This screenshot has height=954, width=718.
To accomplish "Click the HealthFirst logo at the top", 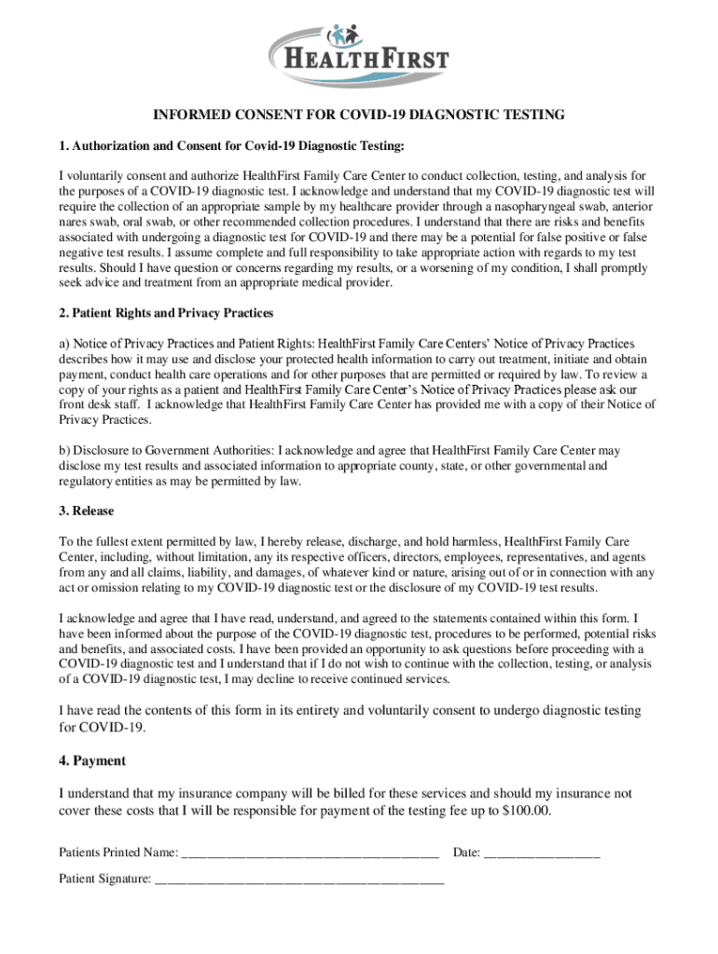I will pyautogui.click(x=359, y=55).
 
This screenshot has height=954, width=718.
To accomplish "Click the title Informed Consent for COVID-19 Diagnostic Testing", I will pyautogui.click(x=359, y=116).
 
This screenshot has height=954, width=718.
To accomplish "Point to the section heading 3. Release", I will pyautogui.click(x=87, y=511).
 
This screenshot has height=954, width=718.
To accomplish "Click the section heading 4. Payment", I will pyautogui.click(x=91, y=761).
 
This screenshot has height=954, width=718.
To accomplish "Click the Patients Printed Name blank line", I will pyautogui.click(x=311, y=852).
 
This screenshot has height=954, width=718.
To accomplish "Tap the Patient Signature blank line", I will pyautogui.click(x=299, y=879).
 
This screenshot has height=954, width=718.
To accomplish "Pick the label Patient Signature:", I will pyautogui.click(x=104, y=878).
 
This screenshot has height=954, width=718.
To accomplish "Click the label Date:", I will pyautogui.click(x=466, y=852).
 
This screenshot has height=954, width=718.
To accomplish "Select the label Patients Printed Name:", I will pyautogui.click(x=118, y=852).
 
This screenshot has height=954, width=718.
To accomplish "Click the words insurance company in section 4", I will pyautogui.click(x=228, y=794).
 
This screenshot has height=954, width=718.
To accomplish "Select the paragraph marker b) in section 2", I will pyautogui.click(x=64, y=451).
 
